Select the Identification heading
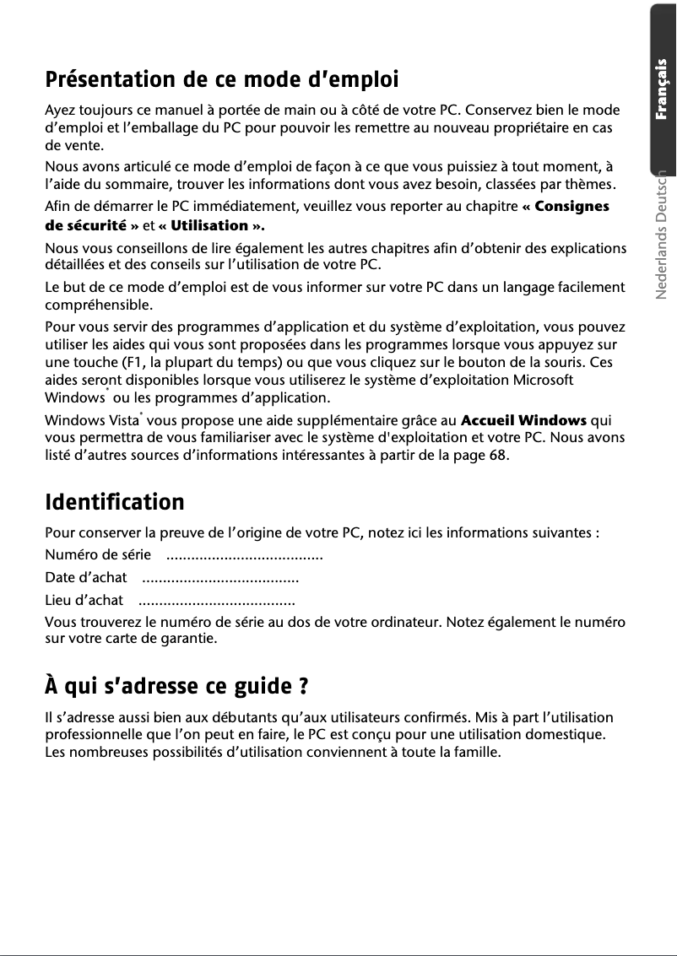point(114,502)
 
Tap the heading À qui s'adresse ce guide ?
point(175,686)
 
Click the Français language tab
point(663,89)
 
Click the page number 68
point(498,456)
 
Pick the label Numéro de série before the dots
point(98,554)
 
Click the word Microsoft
point(544,380)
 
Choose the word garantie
point(185,637)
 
